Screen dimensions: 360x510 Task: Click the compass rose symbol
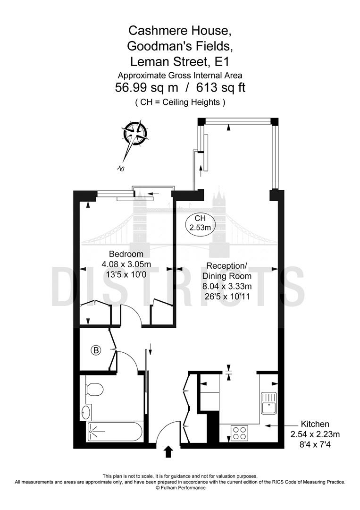(x=135, y=133)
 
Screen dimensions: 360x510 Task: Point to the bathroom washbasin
(x=85, y=412)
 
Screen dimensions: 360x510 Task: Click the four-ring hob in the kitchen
(x=240, y=433)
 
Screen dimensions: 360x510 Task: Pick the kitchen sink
(x=268, y=403)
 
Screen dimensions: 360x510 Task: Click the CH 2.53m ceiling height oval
(x=201, y=223)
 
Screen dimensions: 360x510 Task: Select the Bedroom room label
(x=126, y=254)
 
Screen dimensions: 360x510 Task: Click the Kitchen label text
(x=315, y=424)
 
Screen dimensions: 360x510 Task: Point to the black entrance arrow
(x=168, y=452)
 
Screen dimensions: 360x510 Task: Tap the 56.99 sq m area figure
(x=147, y=88)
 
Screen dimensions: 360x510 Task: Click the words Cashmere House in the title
(x=180, y=31)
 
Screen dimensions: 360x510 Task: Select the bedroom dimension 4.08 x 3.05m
(x=126, y=264)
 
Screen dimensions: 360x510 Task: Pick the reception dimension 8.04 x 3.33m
(x=227, y=286)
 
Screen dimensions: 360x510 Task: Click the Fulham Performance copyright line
(x=180, y=487)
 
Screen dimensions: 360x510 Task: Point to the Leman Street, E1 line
(x=180, y=61)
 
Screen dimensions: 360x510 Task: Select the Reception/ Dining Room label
(x=227, y=271)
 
